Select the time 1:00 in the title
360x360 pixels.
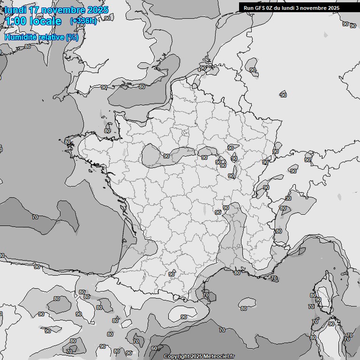(x=15, y=21)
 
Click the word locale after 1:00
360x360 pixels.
(x=45, y=21)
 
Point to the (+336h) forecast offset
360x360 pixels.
(x=83, y=21)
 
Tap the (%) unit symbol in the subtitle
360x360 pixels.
(x=72, y=37)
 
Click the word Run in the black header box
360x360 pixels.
(x=248, y=8)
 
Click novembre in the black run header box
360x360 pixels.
(x=311, y=8)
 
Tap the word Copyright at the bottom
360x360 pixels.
(x=176, y=357)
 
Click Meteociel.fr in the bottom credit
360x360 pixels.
(x=219, y=357)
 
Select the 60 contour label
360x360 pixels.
(x=154, y=349)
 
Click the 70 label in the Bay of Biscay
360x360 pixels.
(x=35, y=217)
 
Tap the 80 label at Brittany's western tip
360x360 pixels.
(x=67, y=142)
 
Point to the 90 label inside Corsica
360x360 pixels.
(x=318, y=300)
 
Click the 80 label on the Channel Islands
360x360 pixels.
(x=107, y=131)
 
